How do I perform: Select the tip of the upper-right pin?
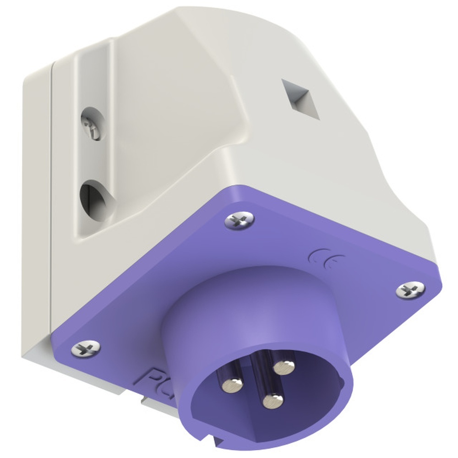pos(284,366)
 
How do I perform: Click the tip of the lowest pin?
pos(273,402)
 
